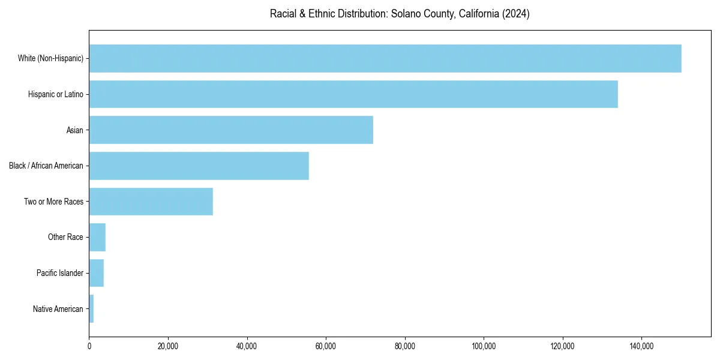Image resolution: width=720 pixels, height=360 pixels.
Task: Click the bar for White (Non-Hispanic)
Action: (385, 58)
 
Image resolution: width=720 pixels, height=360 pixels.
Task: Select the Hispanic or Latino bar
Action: (353, 94)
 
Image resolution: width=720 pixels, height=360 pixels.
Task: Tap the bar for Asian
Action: (231, 130)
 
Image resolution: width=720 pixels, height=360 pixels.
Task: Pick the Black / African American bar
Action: (199, 166)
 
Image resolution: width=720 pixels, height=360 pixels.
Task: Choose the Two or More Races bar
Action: (151, 202)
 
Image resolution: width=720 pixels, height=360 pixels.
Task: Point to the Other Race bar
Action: (97, 238)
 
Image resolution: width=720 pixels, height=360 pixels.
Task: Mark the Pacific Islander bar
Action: (97, 273)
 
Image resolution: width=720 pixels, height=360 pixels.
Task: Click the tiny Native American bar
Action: (91, 309)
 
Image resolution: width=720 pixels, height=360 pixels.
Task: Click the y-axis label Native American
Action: (58, 309)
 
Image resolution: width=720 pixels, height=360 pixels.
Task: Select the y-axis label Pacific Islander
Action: (60, 273)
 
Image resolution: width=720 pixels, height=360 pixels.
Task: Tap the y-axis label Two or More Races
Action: (54, 202)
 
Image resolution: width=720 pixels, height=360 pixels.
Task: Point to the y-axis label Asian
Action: (75, 130)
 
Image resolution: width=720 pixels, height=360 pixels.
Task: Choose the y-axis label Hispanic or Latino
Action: (56, 94)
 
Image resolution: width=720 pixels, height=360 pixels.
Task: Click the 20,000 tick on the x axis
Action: (168, 346)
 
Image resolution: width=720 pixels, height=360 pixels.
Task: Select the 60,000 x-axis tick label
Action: (326, 346)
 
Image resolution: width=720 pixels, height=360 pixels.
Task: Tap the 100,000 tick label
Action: (484, 346)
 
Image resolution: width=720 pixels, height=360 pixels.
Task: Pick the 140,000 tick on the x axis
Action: (641, 346)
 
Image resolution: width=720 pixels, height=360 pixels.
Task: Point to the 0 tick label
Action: (89, 346)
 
